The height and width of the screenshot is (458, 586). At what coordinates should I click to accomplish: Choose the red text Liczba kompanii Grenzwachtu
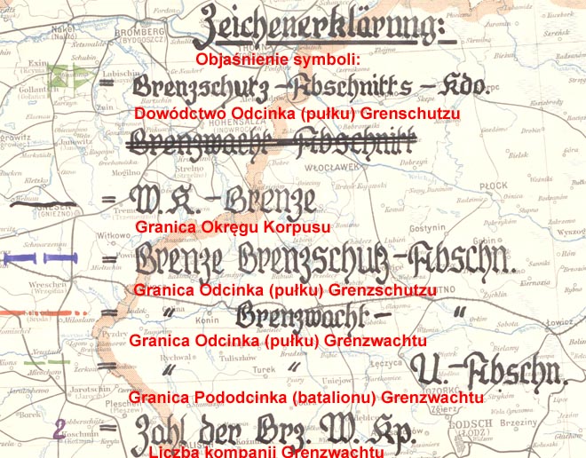tap(266, 452)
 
